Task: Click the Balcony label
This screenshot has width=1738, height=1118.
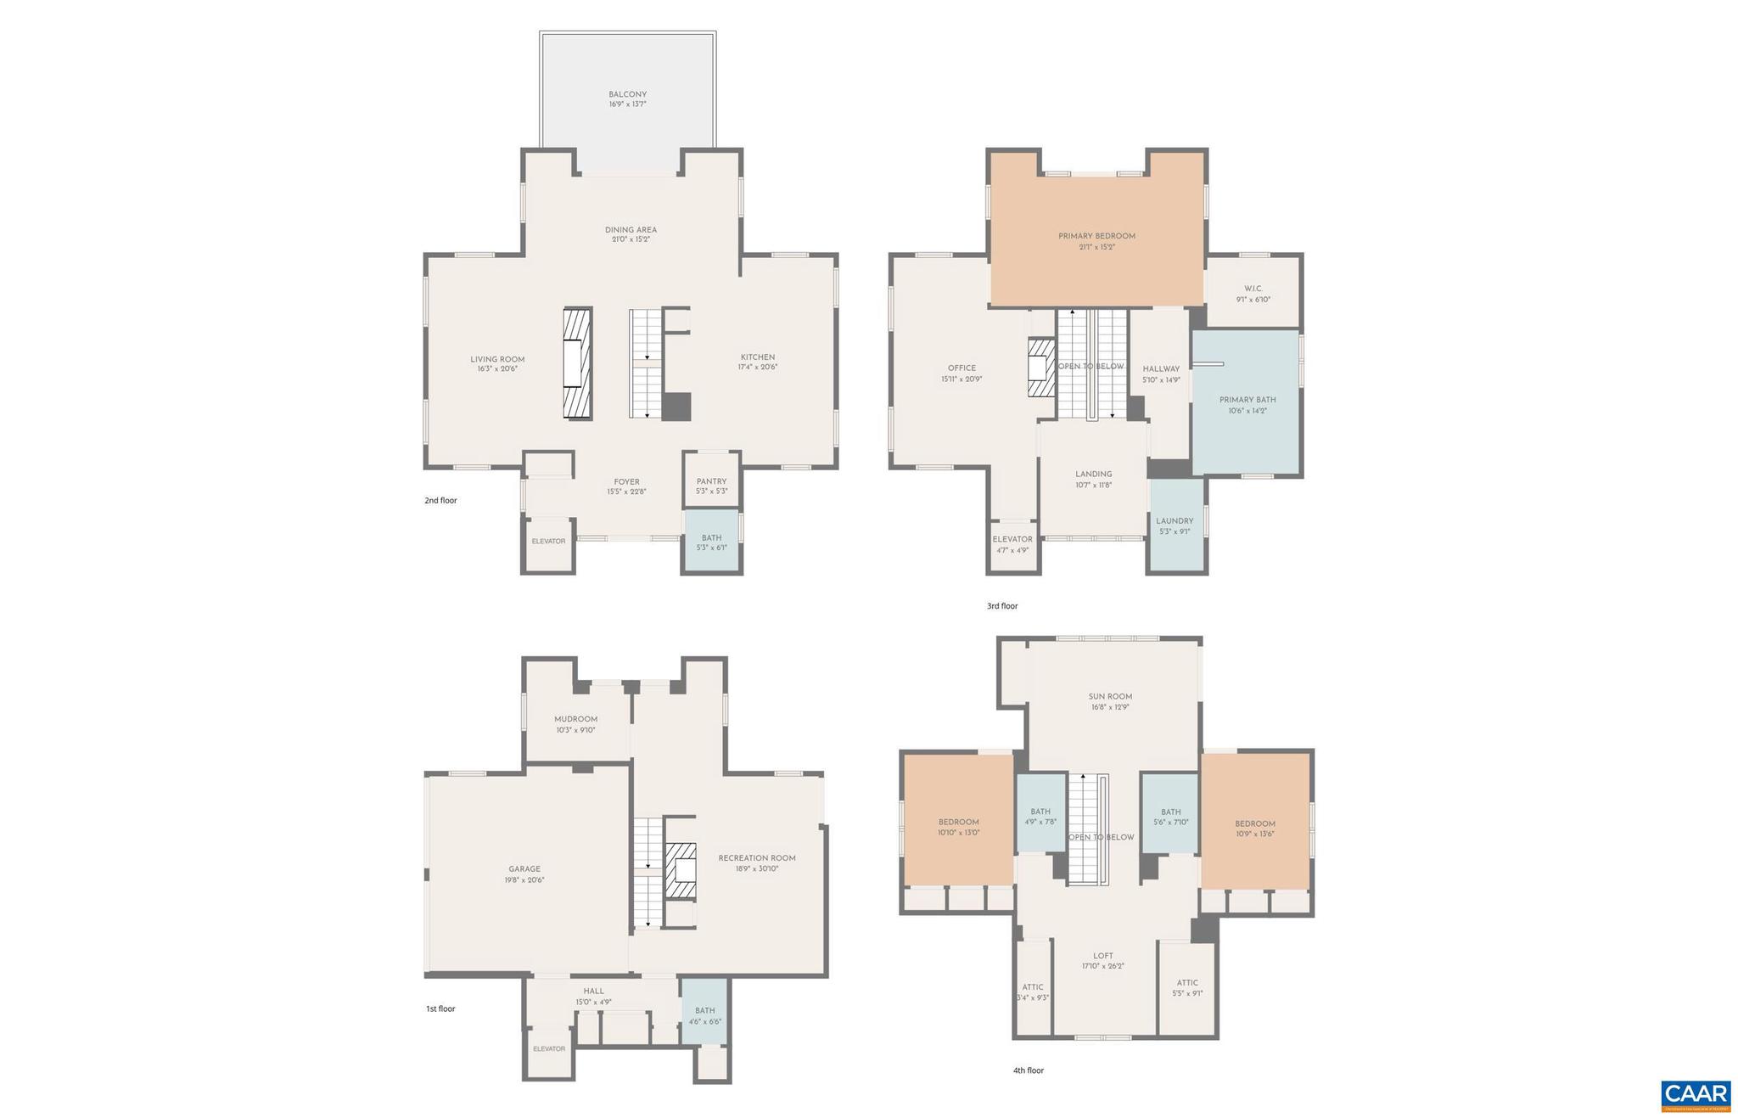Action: click(627, 95)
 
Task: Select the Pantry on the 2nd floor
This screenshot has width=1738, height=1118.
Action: click(711, 480)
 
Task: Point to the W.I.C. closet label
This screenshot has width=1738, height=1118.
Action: click(1253, 289)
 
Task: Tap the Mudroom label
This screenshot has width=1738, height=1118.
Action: click(576, 719)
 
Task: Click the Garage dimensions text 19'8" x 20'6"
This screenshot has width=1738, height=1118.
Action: click(524, 880)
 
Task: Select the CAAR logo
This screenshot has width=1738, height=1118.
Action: click(1695, 1095)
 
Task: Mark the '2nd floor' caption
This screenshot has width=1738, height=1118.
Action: click(440, 501)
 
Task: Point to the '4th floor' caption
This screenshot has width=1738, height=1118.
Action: click(1028, 1070)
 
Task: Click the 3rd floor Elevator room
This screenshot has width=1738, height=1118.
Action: click(1012, 544)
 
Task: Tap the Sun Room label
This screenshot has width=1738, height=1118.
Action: click(1110, 697)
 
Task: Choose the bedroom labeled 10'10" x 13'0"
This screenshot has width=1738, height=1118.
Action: click(958, 828)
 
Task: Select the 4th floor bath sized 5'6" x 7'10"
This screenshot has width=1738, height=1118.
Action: click(1170, 817)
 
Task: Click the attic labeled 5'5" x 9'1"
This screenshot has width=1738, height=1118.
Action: click(1187, 988)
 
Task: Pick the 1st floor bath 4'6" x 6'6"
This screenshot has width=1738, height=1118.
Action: click(704, 1011)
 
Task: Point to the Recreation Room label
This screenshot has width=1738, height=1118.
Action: click(757, 858)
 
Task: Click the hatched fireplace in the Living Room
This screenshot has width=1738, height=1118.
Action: click(578, 363)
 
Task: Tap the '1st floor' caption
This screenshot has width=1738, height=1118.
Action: click(440, 1009)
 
